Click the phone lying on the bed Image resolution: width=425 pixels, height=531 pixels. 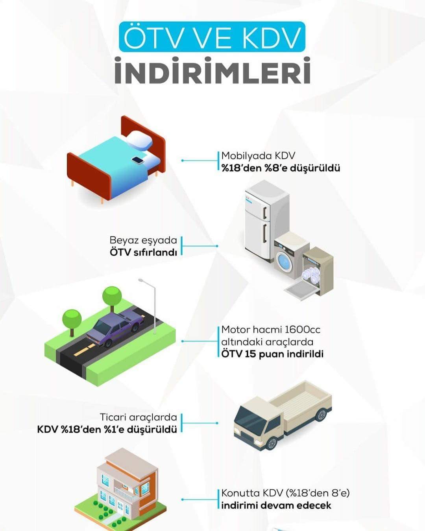pyautogui.click(x=138, y=160)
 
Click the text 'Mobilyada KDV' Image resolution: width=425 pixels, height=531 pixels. pyautogui.click(x=258, y=156)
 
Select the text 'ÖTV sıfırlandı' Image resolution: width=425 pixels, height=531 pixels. pyautogui.click(x=143, y=252)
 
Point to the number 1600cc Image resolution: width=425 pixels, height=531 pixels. pyautogui.click(x=303, y=330)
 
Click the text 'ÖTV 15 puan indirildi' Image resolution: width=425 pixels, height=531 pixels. pyautogui.click(x=272, y=354)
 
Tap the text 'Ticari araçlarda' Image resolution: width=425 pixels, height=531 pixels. pyautogui.click(x=138, y=417)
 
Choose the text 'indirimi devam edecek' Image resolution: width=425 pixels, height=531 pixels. pyautogui.click(x=276, y=505)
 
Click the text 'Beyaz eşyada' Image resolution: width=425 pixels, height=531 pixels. pyautogui.click(x=143, y=240)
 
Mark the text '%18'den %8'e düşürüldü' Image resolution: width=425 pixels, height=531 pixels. pyautogui.click(x=281, y=168)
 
